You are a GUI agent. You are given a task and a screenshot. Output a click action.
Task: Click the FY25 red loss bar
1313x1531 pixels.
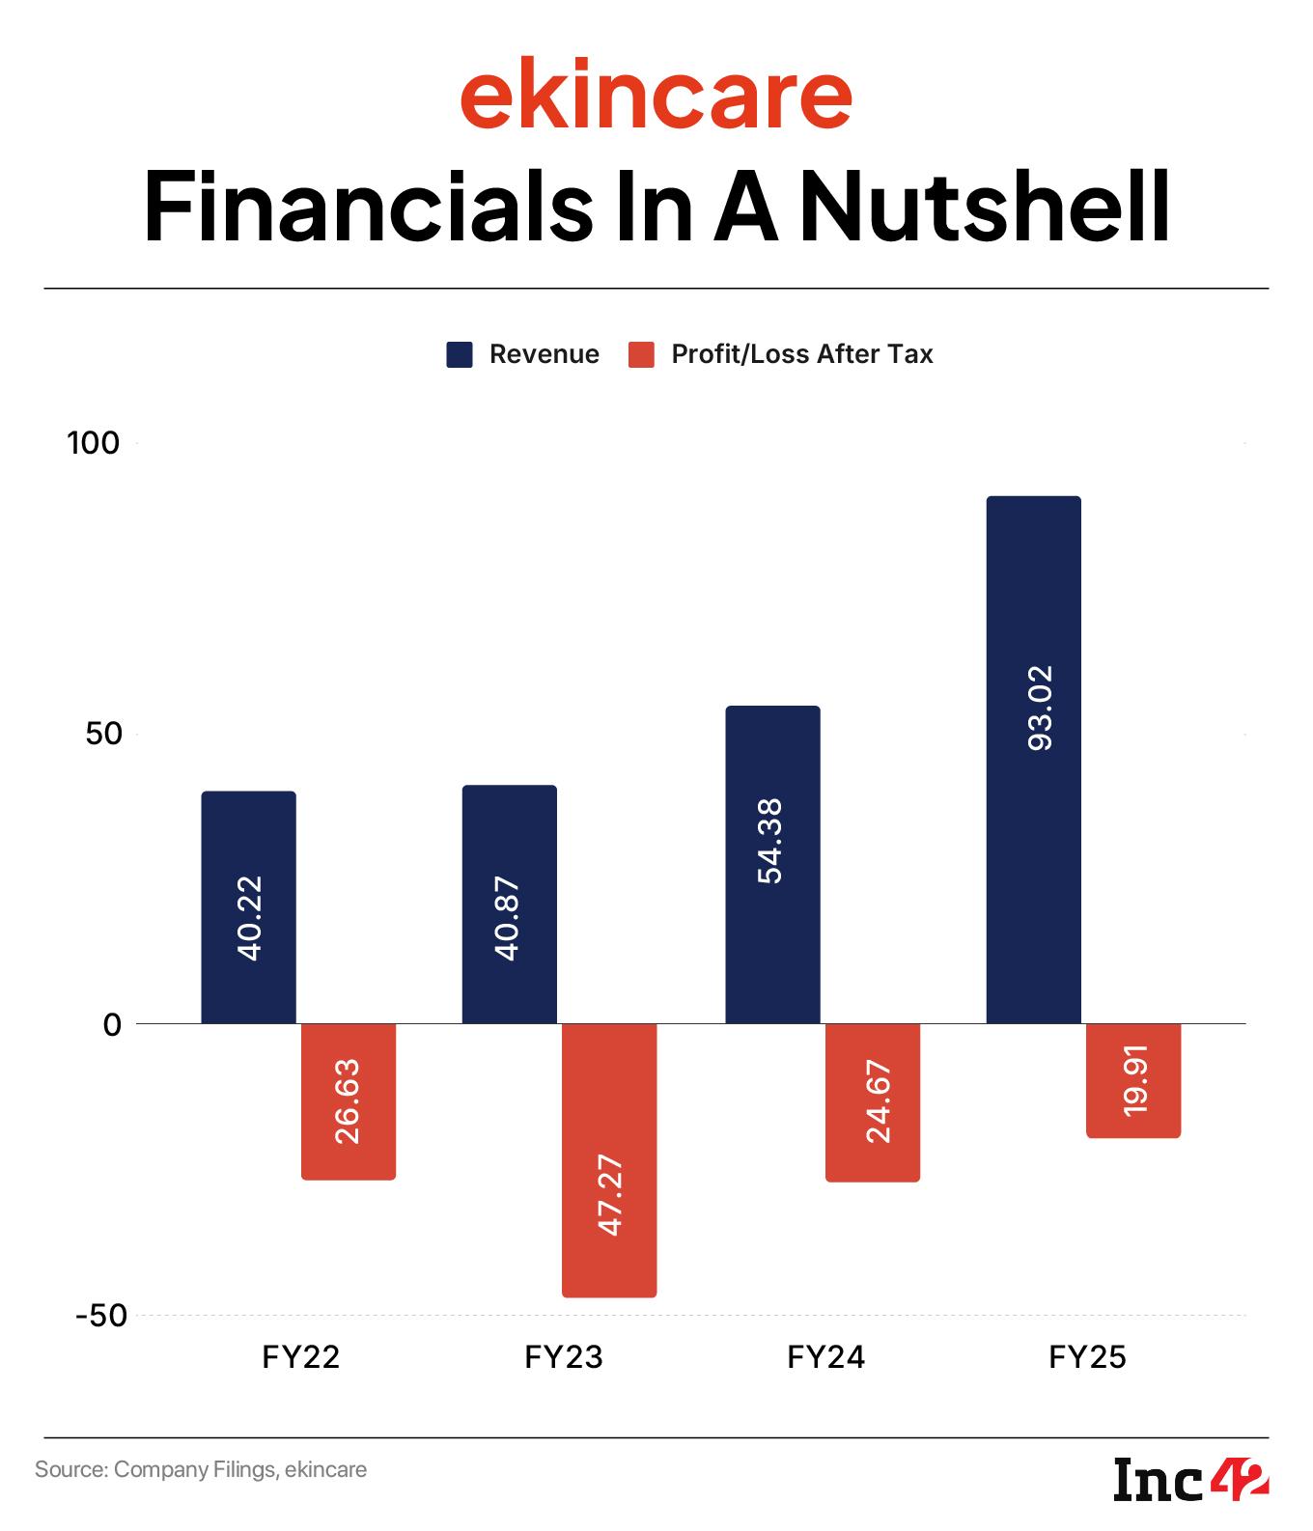pos(1132,1080)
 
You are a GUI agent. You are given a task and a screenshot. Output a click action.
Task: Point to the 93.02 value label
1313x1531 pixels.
pos(1041,708)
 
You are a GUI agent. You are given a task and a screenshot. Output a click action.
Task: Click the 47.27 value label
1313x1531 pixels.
pos(610,1194)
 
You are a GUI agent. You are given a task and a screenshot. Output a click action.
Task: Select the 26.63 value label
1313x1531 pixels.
pos(348,1101)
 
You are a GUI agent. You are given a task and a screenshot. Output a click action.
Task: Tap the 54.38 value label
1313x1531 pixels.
pos(770,840)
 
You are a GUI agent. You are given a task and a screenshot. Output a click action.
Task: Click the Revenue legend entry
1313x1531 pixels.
pos(522,354)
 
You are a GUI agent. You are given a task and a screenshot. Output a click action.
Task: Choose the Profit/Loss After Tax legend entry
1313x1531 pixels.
pos(780,354)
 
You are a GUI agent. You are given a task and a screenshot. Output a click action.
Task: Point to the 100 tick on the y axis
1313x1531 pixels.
pos(93,443)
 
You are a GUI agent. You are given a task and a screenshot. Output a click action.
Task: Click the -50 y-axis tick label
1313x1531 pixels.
pos(100,1316)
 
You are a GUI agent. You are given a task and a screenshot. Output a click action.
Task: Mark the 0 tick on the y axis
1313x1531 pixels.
pos(112,1024)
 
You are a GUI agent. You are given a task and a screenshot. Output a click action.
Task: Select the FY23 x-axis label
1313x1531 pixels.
pos(563,1358)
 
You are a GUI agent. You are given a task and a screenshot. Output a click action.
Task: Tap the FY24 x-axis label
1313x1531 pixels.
pos(825,1358)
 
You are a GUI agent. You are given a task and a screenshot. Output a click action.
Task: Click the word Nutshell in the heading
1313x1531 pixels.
pos(985,208)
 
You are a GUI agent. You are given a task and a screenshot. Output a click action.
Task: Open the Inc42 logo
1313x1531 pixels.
pos(1190,1481)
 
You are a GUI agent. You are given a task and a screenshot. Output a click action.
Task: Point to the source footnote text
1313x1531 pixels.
pos(201,1470)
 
